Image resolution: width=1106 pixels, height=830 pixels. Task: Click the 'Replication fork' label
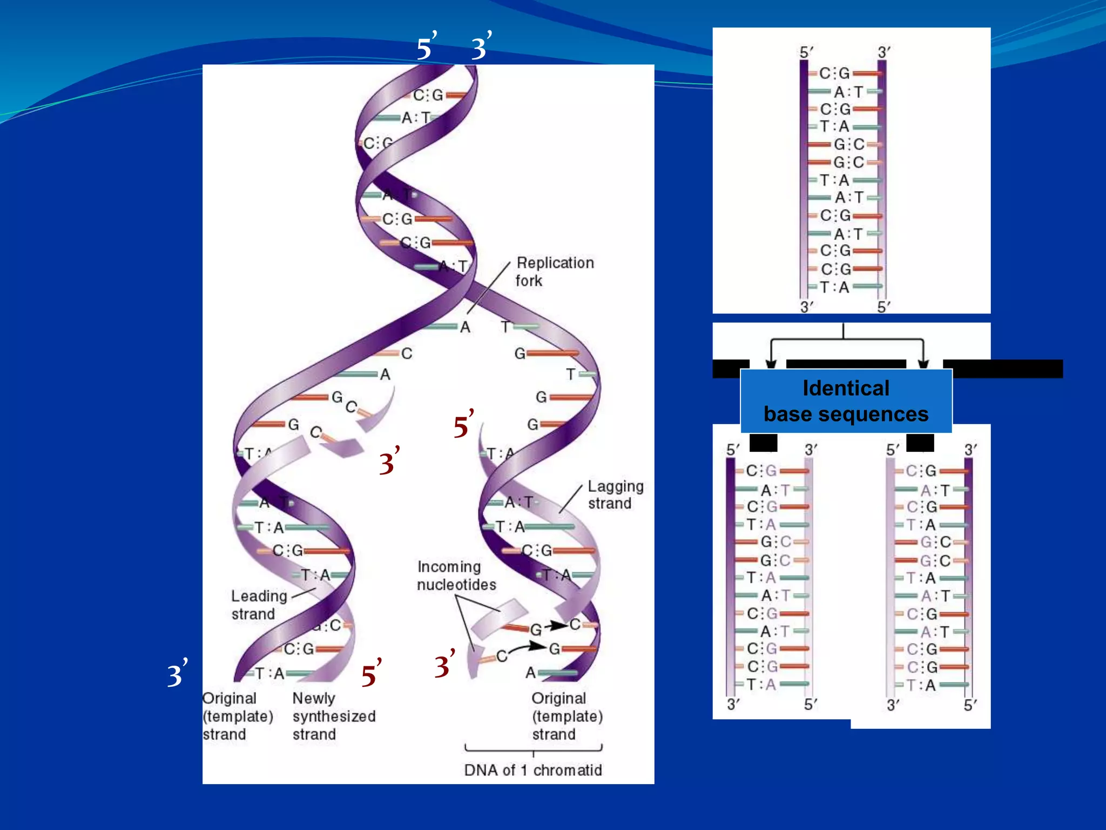555,271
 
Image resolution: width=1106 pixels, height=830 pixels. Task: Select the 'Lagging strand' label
615,494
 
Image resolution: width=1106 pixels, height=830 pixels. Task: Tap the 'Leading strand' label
259,605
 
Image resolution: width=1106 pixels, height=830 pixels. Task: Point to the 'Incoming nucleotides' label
456,575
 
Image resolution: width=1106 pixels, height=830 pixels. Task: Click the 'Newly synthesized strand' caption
334,716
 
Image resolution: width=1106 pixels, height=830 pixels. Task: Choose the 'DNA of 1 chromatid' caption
533,770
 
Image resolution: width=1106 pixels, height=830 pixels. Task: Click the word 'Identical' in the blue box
846,388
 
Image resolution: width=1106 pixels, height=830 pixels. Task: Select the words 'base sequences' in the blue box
846,414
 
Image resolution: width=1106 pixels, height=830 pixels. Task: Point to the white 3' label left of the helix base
177,674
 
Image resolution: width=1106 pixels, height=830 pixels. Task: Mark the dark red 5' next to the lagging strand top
463,425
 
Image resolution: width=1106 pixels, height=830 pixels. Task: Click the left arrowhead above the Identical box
771,364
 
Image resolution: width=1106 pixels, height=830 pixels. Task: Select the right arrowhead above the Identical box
923,364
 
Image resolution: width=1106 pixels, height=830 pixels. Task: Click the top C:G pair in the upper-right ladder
835,73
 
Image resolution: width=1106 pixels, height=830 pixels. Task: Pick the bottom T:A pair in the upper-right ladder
835,287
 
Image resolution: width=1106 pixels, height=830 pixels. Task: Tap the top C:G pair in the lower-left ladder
761,471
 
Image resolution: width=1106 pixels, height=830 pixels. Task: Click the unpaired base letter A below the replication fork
465,327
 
